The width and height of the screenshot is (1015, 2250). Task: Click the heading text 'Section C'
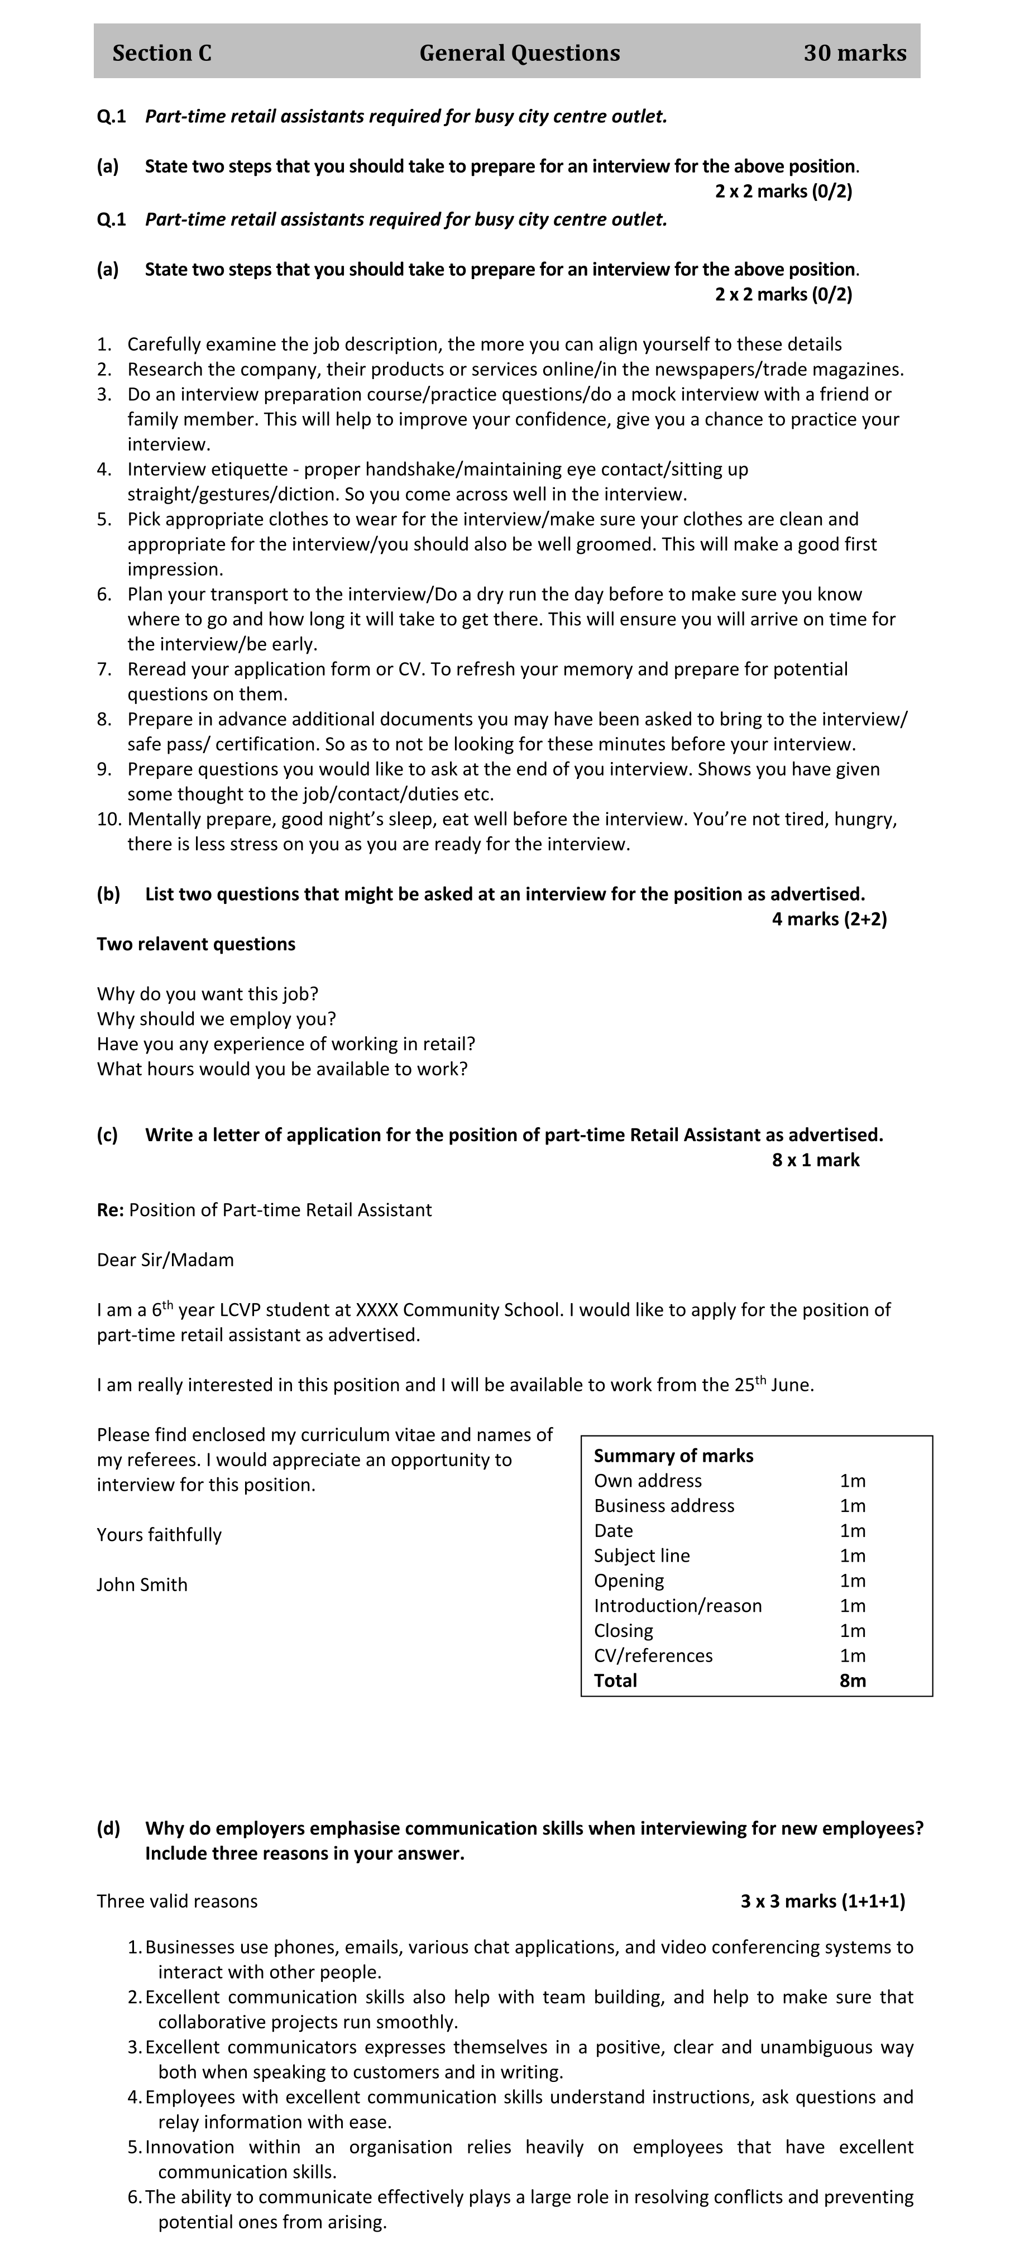[161, 53]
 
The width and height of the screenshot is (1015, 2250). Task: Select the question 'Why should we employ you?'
[216, 1018]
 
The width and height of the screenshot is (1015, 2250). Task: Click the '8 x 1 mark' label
[815, 1160]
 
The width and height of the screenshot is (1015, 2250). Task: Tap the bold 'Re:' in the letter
[110, 1210]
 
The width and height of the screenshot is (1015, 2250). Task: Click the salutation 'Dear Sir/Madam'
[165, 1260]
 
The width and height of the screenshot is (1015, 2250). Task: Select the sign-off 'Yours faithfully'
[159, 1535]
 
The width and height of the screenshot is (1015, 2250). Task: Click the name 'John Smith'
[141, 1584]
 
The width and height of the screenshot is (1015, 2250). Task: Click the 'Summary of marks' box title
[673, 1455]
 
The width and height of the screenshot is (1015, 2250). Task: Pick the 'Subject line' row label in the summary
[641, 1555]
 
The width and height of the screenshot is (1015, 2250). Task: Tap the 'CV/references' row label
[653, 1655]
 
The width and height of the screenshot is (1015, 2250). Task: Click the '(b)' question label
[108, 894]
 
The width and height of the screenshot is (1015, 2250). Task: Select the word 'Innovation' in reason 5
[190, 2147]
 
